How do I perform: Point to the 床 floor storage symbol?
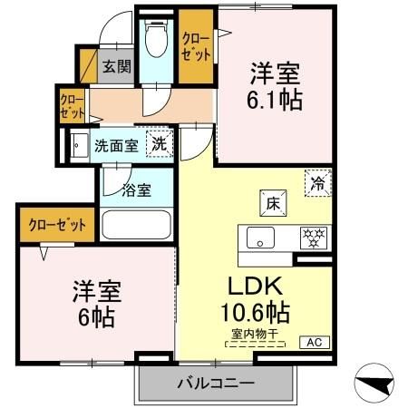tap(272, 202)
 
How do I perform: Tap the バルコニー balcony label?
tap(215, 383)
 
